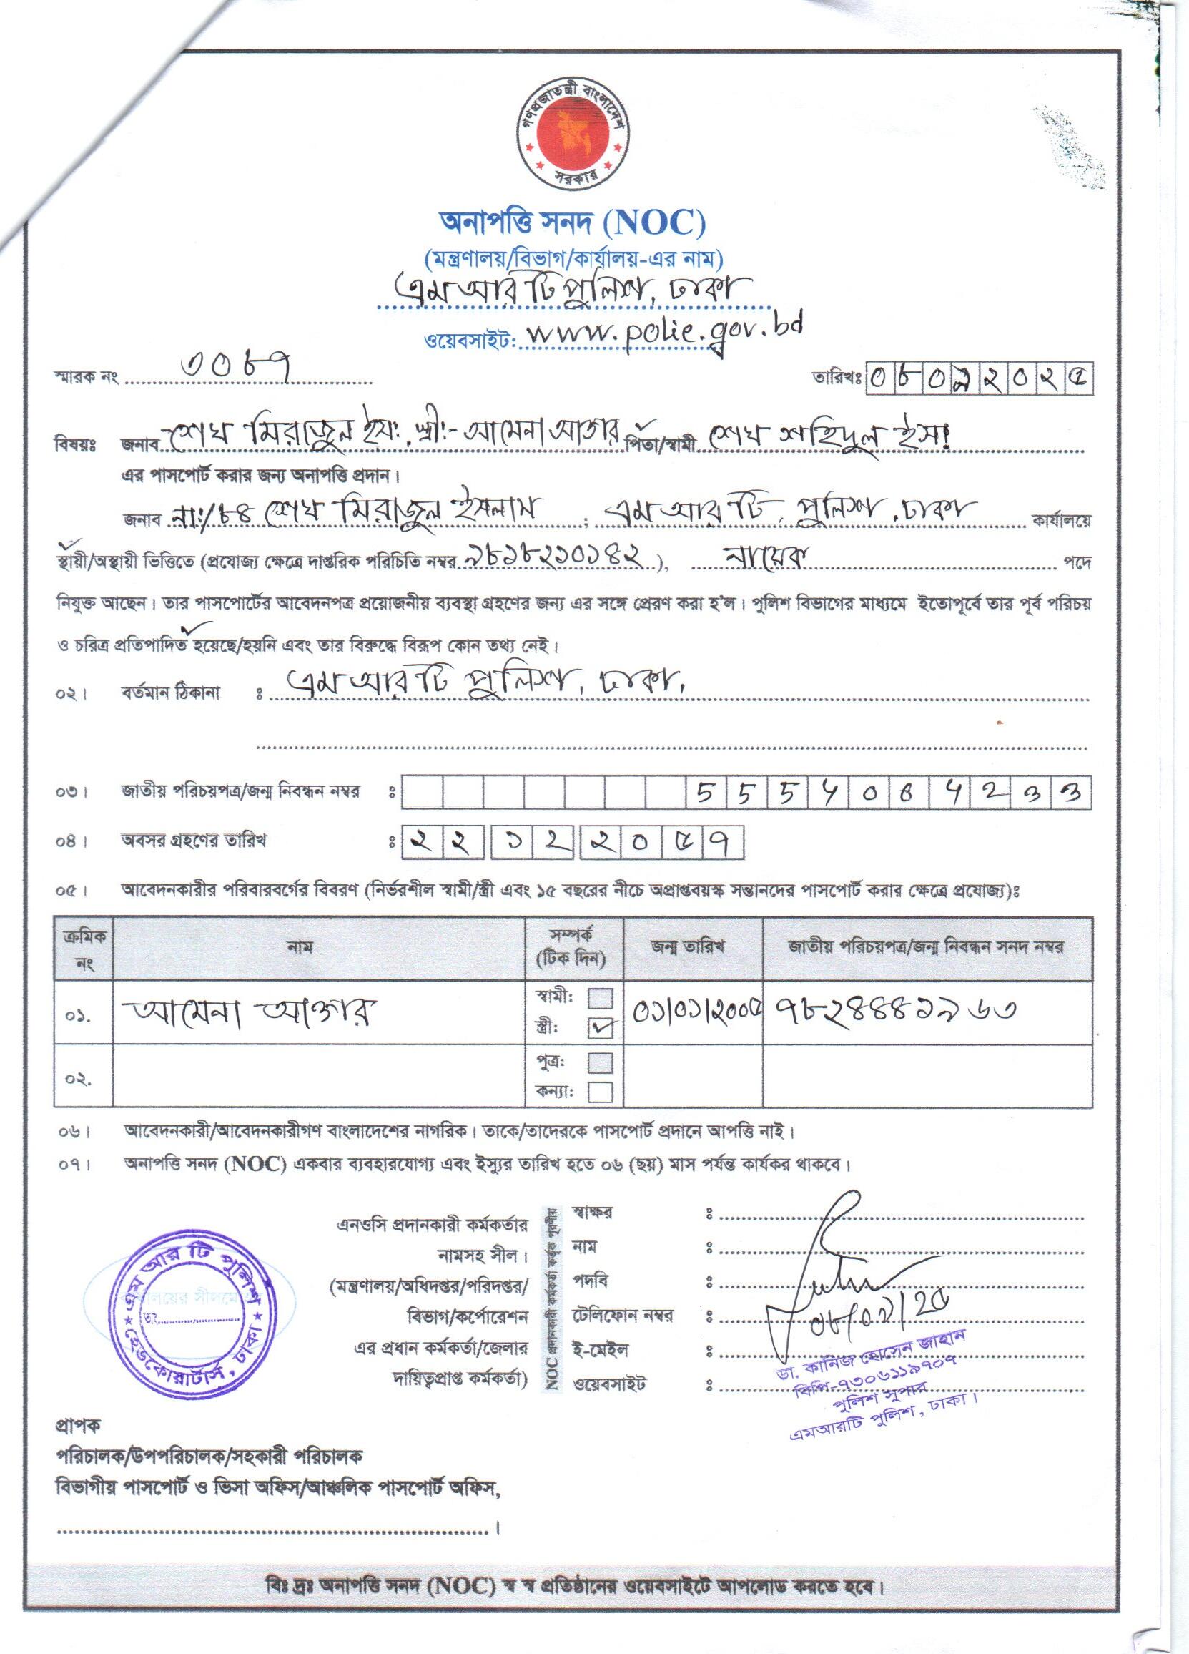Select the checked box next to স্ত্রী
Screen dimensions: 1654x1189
[x=601, y=1027]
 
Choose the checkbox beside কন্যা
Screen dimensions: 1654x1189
[x=601, y=1092]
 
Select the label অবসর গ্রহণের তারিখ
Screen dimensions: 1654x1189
[x=194, y=841]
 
